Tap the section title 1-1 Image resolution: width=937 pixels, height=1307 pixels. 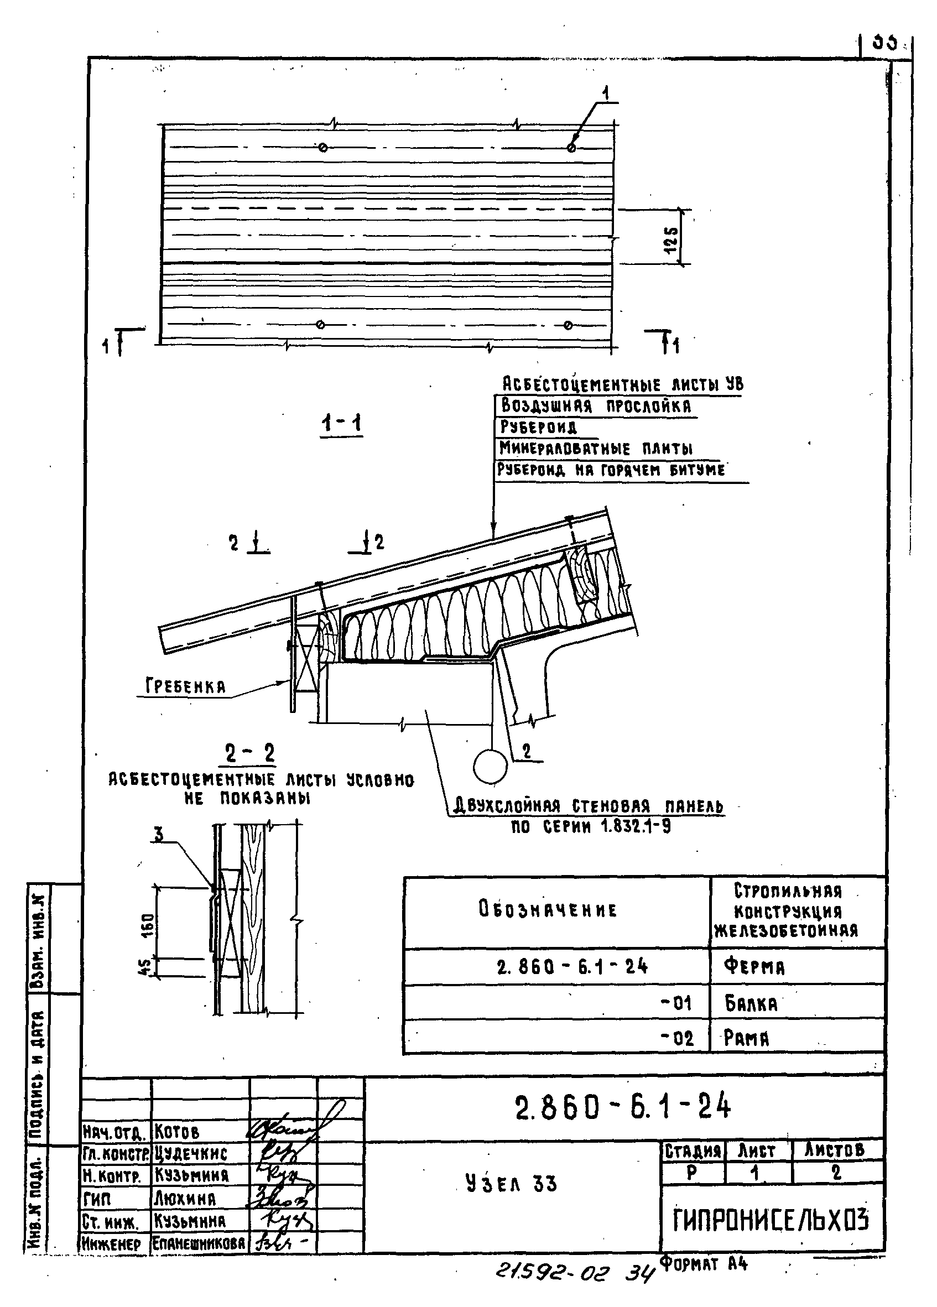(342, 425)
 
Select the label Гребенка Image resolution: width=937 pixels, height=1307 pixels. (185, 686)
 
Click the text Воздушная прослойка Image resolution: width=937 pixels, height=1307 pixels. (596, 405)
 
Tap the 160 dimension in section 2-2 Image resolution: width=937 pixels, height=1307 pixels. (148, 926)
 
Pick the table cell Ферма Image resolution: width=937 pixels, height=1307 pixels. (754, 966)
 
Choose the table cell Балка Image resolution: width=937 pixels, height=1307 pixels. (751, 1004)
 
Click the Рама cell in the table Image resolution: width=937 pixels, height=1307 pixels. (747, 1038)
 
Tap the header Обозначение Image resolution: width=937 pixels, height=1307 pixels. (548, 910)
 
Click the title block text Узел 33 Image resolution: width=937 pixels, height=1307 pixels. (511, 1184)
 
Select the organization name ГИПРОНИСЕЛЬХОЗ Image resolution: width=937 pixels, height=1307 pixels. (771, 1220)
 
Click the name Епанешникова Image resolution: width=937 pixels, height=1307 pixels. (199, 1243)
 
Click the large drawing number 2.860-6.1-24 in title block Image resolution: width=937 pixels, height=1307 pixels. (622, 1106)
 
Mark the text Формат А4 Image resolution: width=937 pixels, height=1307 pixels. (703, 1264)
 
